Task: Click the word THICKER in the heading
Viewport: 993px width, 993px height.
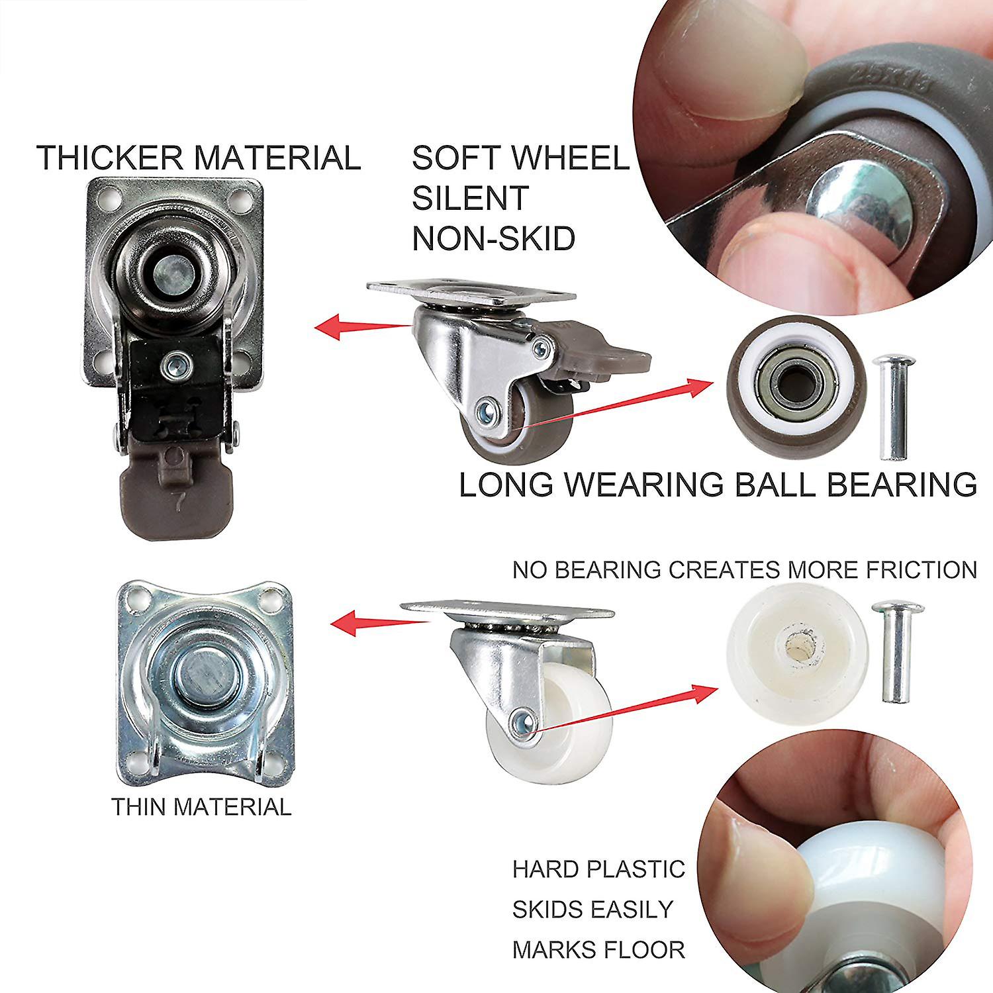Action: [109, 158]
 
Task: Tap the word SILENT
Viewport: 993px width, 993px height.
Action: [471, 198]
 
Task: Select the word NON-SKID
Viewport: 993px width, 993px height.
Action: [494, 238]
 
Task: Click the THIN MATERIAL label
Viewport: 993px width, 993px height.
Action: [201, 807]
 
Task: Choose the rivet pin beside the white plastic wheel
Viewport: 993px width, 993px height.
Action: [898, 651]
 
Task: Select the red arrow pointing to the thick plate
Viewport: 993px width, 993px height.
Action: [363, 326]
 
